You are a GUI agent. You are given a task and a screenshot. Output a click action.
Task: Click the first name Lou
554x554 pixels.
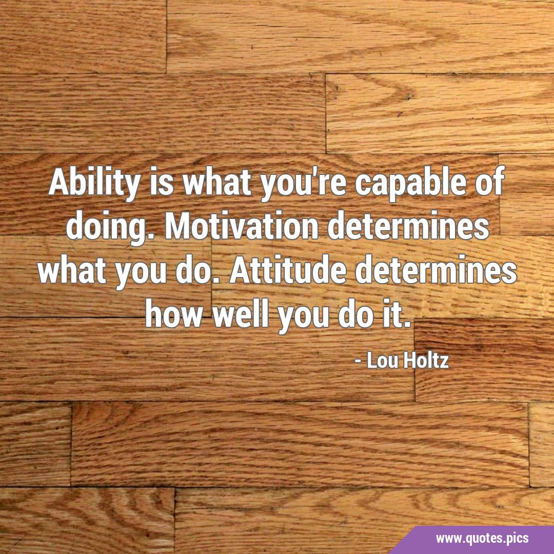coord(383,361)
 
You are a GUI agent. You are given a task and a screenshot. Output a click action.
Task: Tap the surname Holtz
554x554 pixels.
coord(426,361)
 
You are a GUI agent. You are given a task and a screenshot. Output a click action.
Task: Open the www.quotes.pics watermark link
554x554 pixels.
coord(482,539)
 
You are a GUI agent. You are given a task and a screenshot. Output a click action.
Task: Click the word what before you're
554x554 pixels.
coord(217,183)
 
